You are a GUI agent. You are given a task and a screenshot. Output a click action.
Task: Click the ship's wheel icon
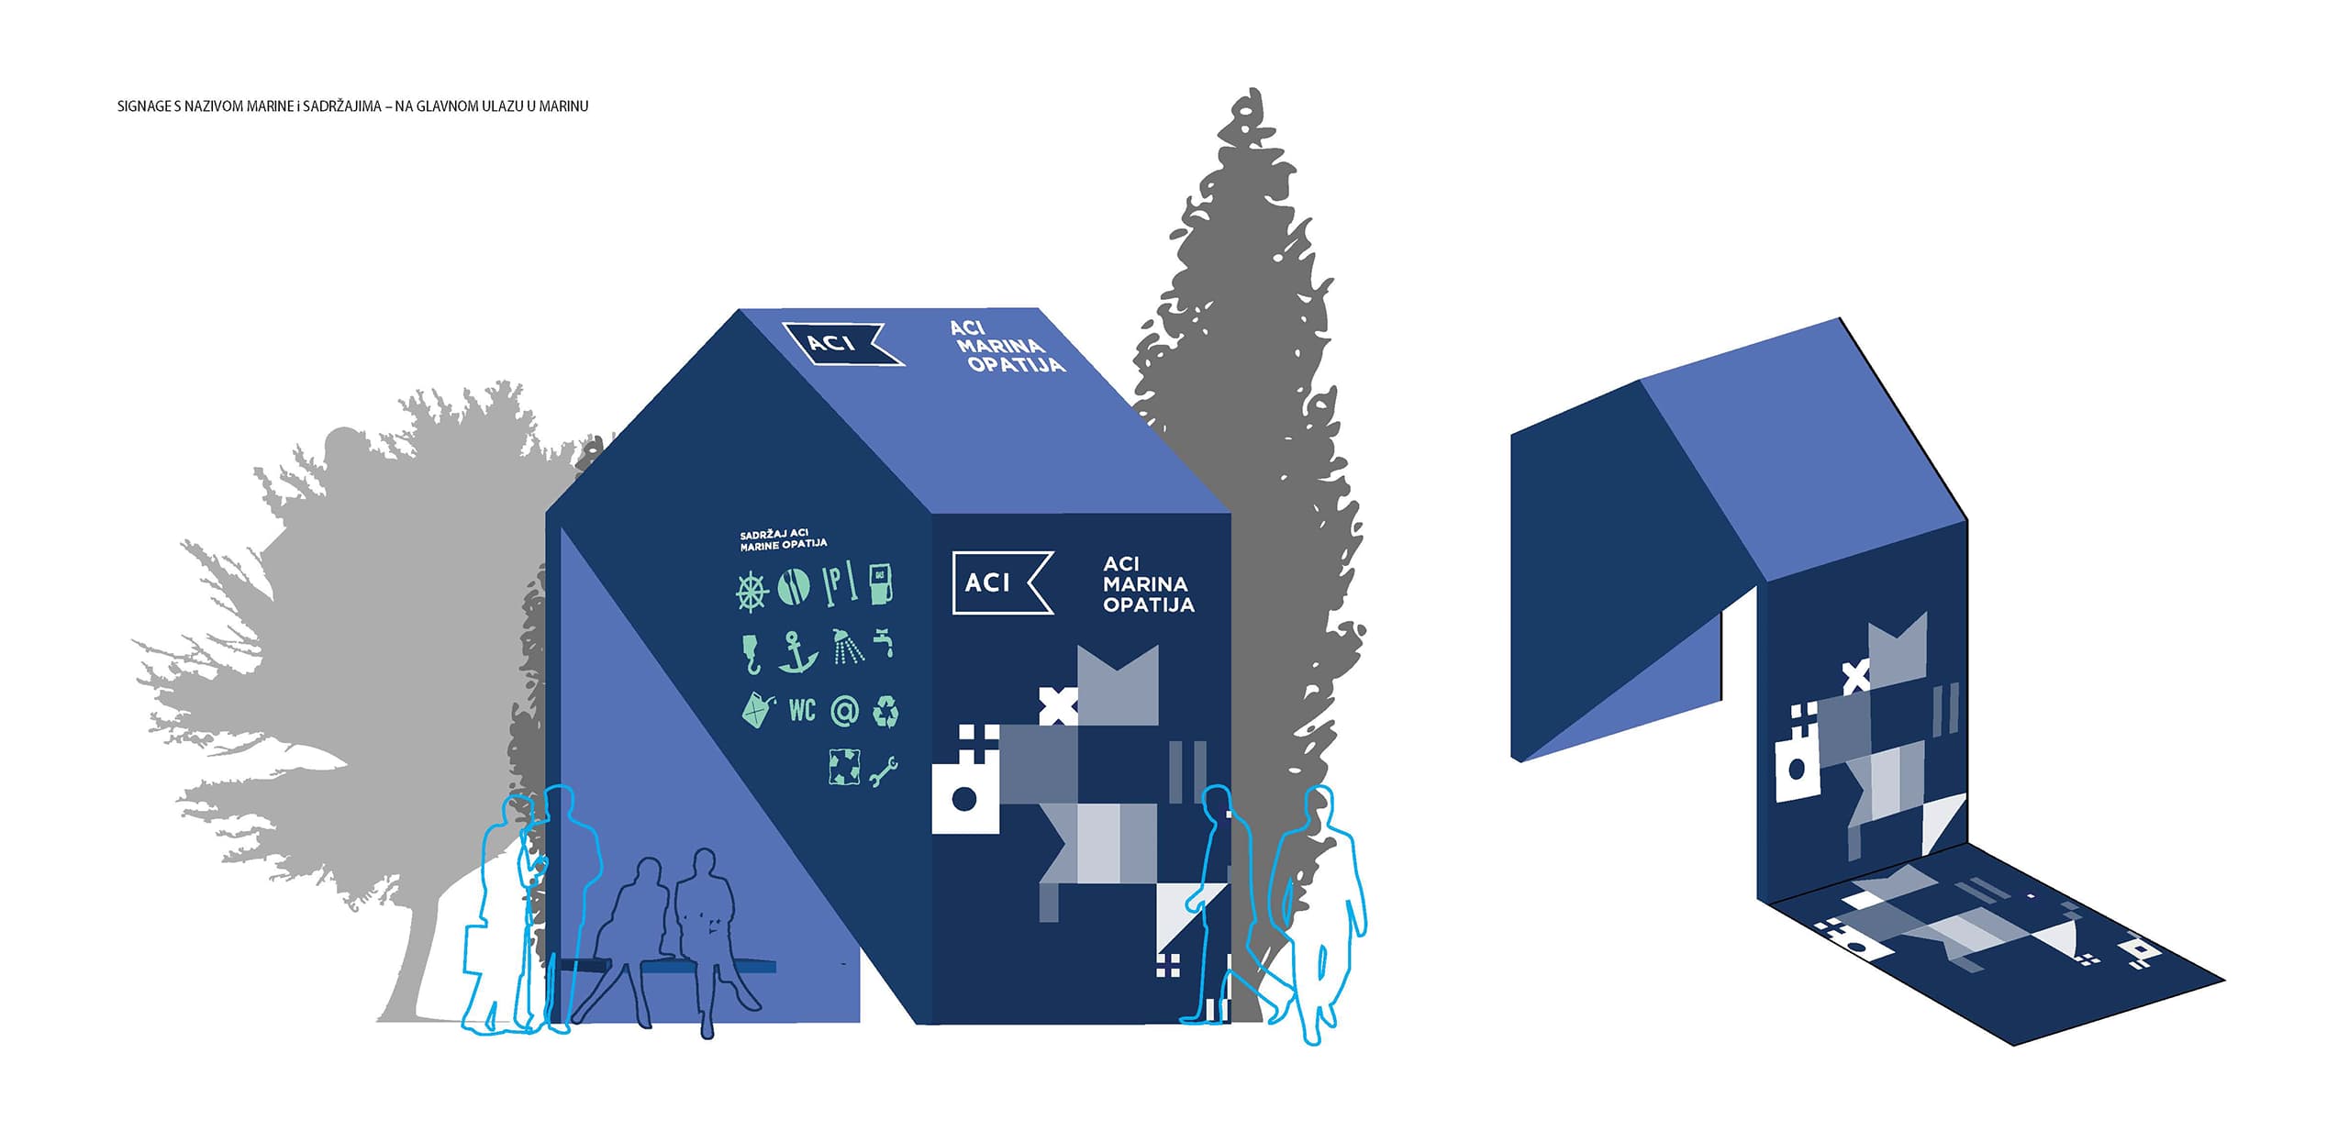[751, 590]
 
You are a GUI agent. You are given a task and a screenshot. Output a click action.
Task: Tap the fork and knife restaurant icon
[794, 587]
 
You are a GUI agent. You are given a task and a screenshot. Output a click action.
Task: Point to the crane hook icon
[751, 653]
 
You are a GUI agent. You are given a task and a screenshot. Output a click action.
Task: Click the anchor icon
[796, 651]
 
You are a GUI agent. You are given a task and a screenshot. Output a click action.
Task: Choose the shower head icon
[847, 645]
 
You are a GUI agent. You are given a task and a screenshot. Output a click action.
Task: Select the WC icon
[802, 709]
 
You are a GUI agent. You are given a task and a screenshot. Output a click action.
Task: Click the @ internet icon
[844, 711]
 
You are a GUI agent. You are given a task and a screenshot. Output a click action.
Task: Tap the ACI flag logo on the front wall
[1003, 582]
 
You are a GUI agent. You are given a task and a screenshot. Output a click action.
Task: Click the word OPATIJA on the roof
[1017, 364]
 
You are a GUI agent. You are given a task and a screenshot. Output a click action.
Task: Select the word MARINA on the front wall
[1145, 583]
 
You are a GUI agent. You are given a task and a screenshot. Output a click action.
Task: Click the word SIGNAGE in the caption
[144, 106]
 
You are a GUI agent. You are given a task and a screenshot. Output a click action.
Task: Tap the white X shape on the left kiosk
[1058, 705]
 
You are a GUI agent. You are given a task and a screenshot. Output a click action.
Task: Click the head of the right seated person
[703, 864]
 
